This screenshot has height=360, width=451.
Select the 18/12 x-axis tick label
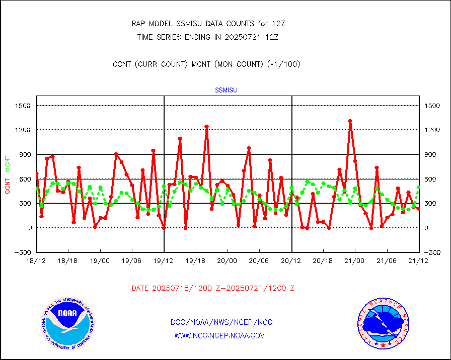(x=37, y=261)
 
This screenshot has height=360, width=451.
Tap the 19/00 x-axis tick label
(x=100, y=261)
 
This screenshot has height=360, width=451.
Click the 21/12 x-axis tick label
(x=419, y=261)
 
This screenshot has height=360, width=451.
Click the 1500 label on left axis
(x=23, y=106)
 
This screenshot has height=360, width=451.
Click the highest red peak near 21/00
(x=350, y=121)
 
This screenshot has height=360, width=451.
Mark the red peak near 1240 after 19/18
(x=206, y=127)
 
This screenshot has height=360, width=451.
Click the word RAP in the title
(x=138, y=24)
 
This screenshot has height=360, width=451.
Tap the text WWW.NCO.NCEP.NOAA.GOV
(x=219, y=335)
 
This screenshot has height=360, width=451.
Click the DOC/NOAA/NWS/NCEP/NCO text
(x=221, y=322)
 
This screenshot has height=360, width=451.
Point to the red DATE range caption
(x=213, y=288)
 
